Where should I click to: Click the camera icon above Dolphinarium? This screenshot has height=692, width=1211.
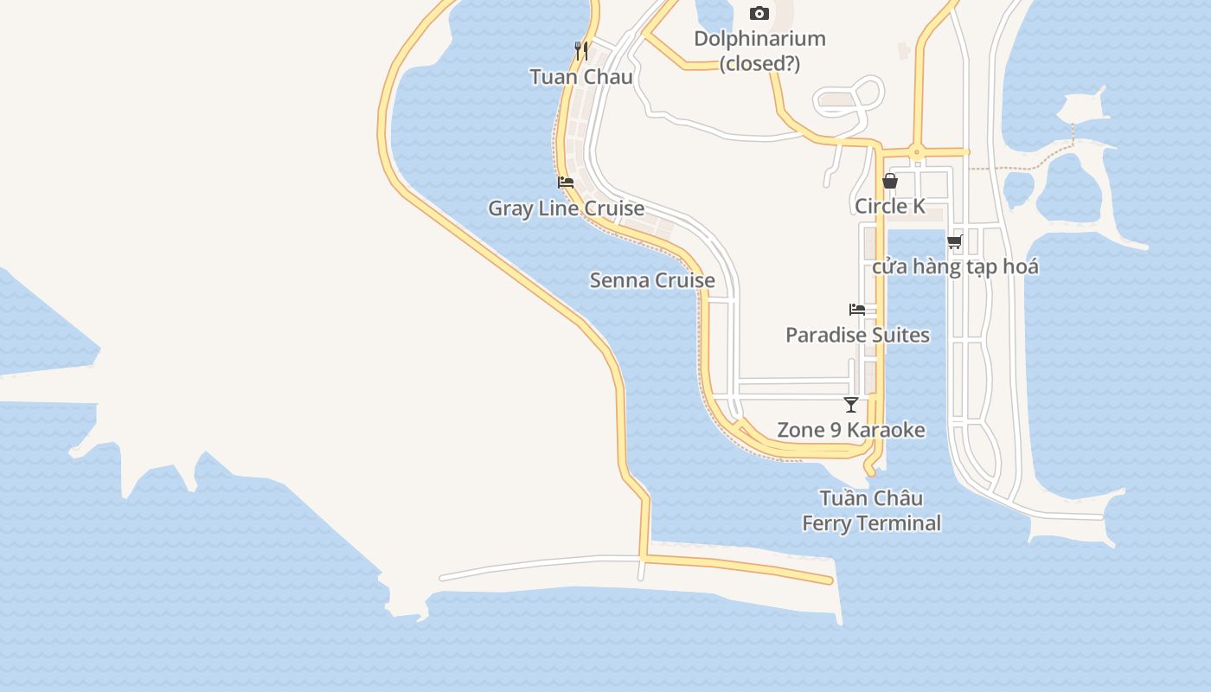[x=759, y=13]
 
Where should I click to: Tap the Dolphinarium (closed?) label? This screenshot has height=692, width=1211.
[x=760, y=51]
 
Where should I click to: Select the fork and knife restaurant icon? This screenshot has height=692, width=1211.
[x=581, y=51]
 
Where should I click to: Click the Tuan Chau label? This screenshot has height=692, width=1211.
[x=581, y=77]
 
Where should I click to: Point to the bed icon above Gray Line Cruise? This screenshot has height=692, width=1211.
[x=566, y=183]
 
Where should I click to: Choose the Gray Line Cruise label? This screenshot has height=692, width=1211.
[x=566, y=208]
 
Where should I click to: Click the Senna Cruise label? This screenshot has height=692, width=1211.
[x=652, y=280]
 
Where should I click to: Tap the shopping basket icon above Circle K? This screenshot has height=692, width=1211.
[x=890, y=181]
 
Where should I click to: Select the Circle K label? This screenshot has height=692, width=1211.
[x=890, y=206]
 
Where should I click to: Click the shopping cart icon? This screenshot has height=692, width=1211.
[x=955, y=241]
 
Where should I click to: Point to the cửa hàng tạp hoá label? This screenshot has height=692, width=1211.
[x=955, y=266]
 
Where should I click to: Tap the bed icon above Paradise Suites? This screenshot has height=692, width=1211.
[x=857, y=310]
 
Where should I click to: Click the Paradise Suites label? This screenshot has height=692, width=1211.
[x=857, y=335]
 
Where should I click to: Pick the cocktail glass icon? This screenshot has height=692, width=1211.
[x=851, y=404]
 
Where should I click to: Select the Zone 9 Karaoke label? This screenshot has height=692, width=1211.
[x=851, y=430]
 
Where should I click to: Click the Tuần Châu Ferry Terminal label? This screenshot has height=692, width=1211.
[x=871, y=510]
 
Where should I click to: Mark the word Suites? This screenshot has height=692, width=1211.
[x=900, y=335]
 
